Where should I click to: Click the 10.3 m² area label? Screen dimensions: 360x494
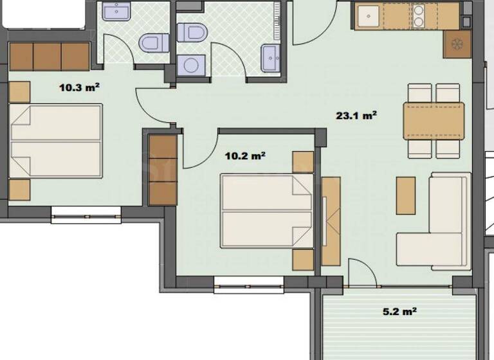point(79,87)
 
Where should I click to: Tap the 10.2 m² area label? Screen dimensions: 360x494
point(246,155)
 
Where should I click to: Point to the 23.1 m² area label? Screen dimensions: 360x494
point(356,116)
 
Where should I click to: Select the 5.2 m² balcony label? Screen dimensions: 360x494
point(399,312)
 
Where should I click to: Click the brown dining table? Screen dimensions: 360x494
point(434,121)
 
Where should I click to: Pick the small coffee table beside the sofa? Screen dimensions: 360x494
point(406,195)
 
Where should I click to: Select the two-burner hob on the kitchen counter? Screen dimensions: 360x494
point(419,16)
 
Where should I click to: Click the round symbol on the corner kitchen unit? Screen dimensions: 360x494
point(457,44)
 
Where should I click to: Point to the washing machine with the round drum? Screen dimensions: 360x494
point(190,64)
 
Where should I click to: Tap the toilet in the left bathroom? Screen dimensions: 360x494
point(153,42)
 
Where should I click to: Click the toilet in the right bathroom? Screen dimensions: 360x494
point(191,32)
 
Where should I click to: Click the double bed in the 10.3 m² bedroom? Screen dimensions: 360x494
point(57,141)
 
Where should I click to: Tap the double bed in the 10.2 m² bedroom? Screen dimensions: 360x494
point(267,210)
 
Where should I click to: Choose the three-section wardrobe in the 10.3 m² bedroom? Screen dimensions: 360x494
point(49,57)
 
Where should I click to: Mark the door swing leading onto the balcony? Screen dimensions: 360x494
point(362,272)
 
